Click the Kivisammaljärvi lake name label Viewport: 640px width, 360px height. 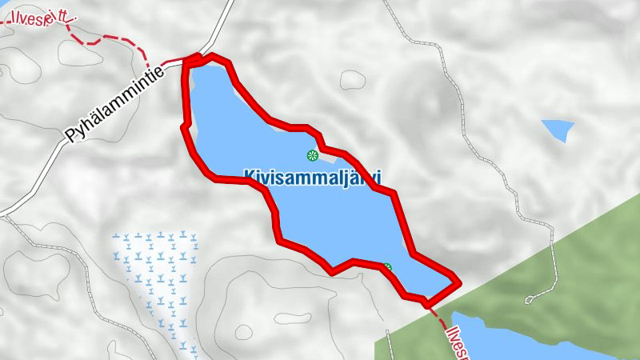pyautogui.click(x=313, y=176)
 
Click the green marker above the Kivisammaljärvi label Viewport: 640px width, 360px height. pyautogui.click(x=313, y=154)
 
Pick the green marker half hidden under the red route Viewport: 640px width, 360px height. pyautogui.click(x=387, y=267)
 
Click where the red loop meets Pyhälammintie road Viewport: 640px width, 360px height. pyautogui.click(x=190, y=58)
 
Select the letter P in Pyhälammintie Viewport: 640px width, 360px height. pyautogui.click(x=72, y=137)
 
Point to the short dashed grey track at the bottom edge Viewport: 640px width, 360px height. pyautogui.click(x=390, y=344)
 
